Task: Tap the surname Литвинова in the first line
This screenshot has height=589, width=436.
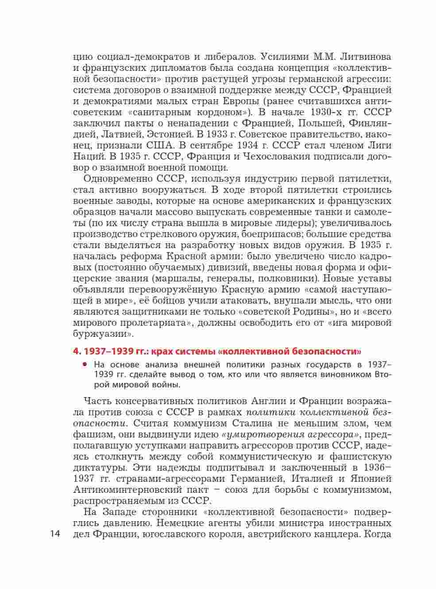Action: coord(363,57)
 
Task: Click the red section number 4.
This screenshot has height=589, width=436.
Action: coord(76,351)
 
